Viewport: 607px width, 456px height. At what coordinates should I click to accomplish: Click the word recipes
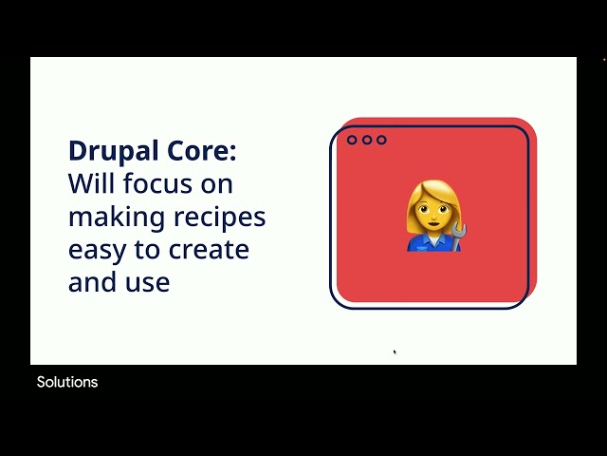tap(220, 218)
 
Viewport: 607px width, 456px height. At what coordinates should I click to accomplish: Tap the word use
tap(149, 282)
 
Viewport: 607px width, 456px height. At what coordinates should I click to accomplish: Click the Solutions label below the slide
tap(67, 382)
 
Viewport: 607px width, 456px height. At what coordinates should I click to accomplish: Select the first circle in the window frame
tap(352, 141)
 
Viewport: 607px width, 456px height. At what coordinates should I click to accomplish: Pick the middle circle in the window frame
tap(366, 141)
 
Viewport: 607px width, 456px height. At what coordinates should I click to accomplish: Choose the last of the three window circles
tap(381, 141)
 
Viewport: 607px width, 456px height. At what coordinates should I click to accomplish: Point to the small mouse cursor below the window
tap(395, 352)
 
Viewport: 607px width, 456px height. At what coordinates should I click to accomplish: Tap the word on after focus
tap(219, 183)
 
